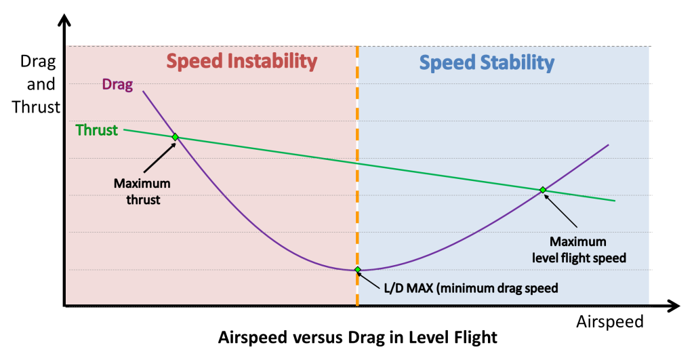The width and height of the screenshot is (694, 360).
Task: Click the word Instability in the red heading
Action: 272,62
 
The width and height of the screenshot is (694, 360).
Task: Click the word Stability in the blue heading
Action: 518,63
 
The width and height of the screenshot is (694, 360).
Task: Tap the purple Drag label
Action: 117,85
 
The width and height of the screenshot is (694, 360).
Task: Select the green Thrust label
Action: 96,130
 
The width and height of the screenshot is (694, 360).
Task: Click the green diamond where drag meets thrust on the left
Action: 175,137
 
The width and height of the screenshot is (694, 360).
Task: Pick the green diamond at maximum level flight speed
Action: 543,190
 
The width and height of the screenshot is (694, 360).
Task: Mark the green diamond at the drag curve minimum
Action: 358,270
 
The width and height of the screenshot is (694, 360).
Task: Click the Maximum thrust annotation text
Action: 142,191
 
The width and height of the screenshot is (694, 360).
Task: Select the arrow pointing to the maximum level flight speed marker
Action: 560,211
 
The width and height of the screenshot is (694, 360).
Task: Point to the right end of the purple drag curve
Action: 607,146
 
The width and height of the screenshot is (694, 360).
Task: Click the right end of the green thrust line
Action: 613,201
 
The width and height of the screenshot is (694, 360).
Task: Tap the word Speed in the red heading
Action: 194,62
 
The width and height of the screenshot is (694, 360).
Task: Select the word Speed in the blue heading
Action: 447,63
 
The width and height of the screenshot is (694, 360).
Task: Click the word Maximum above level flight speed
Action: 577,241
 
